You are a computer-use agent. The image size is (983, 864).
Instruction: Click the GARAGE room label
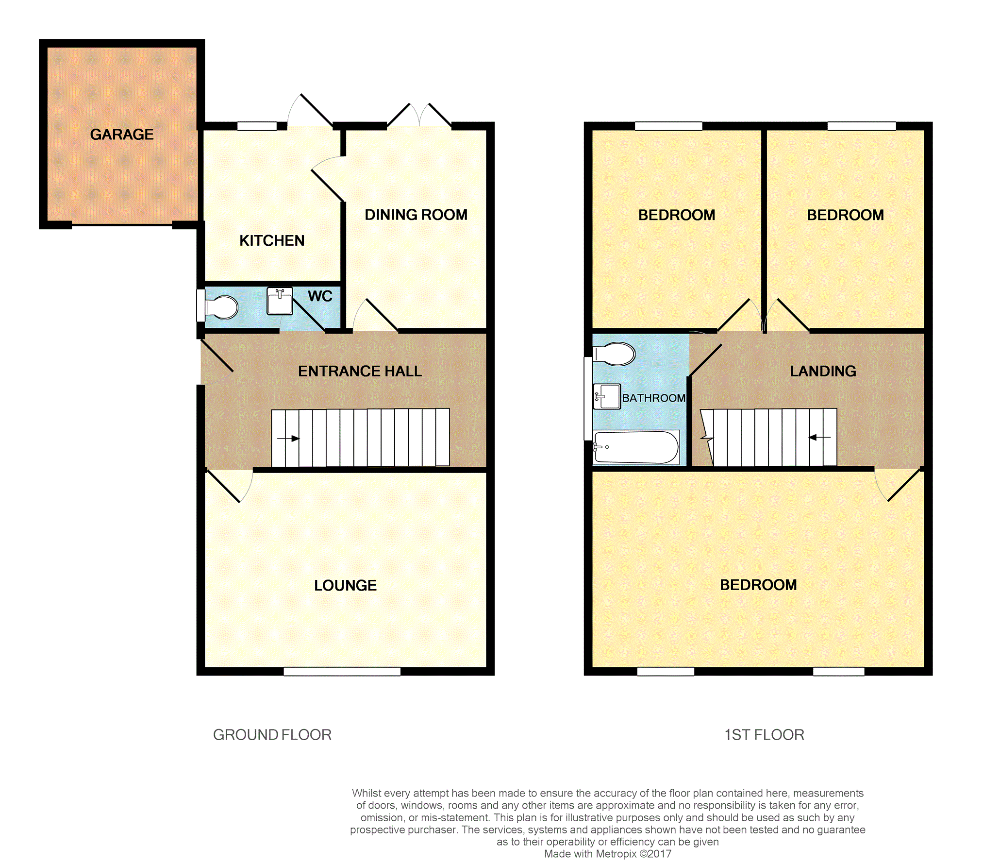pos(122,134)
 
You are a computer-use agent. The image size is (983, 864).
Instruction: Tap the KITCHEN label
pos(272,240)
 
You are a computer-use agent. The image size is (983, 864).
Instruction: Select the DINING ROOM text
pos(416,215)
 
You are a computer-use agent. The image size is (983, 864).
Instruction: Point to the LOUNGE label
pos(345,585)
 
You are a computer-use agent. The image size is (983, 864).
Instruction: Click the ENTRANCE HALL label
pos(360,371)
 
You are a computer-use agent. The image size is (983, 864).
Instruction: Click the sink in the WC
pos(280,301)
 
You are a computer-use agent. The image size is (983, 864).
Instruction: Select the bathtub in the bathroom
pos(636,447)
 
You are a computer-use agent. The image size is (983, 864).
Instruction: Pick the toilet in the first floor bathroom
pos(614,354)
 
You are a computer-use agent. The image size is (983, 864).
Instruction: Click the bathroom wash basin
pos(607,396)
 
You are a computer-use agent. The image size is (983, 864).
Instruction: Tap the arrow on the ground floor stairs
pos(288,439)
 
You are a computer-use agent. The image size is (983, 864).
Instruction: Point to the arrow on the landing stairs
pos(819,438)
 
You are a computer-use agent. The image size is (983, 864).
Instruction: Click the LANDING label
pos(823,371)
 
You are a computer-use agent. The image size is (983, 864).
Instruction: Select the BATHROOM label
pos(654,398)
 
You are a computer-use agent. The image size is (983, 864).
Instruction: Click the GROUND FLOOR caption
pos(272,735)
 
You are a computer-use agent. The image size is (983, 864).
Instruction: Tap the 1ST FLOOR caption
pos(764,735)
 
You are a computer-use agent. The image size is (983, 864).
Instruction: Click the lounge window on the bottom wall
pos(342,671)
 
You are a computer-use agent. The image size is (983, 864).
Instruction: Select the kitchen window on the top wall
pos(257,126)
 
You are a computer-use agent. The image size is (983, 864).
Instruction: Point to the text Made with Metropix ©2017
pos(607,854)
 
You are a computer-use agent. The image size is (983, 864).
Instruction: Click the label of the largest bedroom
pos(758,585)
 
